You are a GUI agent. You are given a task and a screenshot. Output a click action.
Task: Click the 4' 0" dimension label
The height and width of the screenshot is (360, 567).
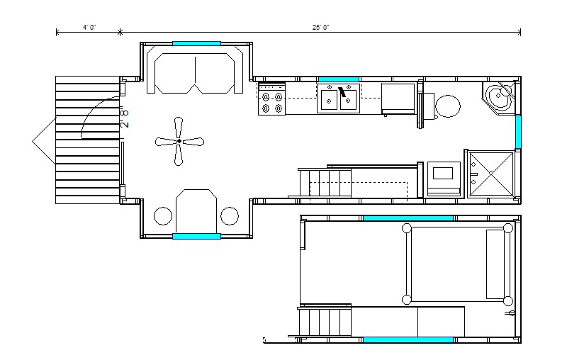(89, 28)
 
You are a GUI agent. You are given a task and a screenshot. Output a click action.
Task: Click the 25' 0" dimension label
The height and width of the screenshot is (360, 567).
(321, 28)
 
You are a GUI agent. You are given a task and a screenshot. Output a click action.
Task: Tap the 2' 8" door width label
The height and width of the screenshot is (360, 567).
(124, 117)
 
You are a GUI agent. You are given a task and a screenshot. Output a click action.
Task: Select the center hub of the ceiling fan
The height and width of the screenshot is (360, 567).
(179, 141)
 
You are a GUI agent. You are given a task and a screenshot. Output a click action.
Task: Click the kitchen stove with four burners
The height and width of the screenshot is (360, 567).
(271, 99)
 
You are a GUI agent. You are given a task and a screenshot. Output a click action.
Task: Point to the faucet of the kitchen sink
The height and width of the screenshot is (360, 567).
(342, 92)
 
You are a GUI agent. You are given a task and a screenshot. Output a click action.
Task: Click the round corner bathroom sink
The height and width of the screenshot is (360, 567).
(498, 96)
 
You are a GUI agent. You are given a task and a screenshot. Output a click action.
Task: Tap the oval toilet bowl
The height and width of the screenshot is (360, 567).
(448, 106)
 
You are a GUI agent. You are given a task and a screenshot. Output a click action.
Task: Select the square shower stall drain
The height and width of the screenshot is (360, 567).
(491, 173)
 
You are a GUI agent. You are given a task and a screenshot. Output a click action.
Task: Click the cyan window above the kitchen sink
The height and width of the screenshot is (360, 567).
(339, 79)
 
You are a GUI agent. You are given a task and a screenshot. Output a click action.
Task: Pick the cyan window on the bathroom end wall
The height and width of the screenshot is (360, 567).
(518, 132)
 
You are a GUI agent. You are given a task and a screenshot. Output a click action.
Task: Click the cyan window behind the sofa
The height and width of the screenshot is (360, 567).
(196, 43)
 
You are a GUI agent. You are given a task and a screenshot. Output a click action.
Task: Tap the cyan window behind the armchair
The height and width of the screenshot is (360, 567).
(196, 237)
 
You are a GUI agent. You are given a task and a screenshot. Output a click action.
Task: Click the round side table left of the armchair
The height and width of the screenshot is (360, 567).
(163, 216)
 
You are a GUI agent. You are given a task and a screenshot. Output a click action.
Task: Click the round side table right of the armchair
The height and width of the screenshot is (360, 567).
(230, 216)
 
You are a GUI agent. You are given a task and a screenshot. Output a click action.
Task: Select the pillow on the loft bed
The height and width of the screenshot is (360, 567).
(495, 264)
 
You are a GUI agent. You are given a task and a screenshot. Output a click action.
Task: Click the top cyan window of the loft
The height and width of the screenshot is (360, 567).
(408, 218)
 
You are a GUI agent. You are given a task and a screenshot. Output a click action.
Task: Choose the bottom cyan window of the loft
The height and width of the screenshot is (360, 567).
(408, 339)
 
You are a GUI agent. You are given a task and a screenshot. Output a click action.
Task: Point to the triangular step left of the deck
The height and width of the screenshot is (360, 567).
(44, 141)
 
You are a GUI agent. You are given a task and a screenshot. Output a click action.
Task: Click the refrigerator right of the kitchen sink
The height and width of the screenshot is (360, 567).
(398, 99)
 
